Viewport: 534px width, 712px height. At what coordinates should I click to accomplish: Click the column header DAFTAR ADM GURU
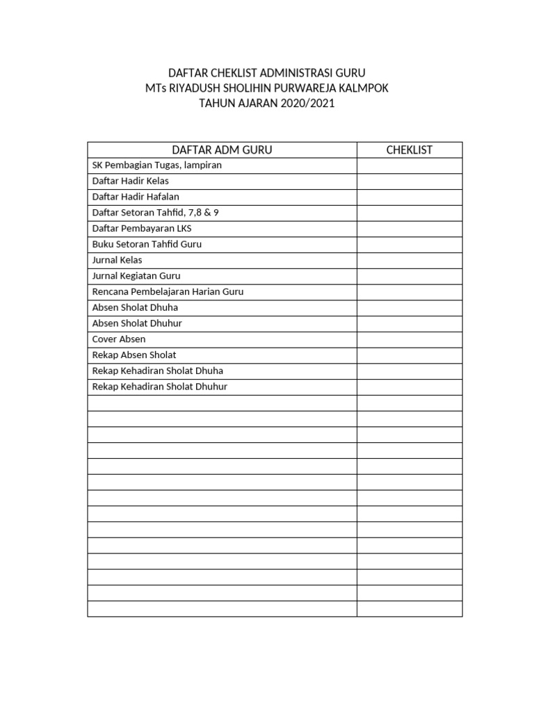222,150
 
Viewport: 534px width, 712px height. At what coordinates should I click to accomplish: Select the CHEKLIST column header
410,150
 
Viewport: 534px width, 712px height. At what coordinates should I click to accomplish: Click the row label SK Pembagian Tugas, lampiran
157,165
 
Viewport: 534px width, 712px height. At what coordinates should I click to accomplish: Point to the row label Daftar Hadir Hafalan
136,197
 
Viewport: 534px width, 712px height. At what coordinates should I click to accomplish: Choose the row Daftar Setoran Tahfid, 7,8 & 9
156,213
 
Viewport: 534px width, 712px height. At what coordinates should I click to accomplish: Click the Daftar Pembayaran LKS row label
142,229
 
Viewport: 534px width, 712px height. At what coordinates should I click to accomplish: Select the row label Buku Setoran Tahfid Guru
147,244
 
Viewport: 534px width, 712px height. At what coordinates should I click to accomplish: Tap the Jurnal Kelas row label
117,260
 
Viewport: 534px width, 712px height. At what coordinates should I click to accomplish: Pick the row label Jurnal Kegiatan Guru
136,276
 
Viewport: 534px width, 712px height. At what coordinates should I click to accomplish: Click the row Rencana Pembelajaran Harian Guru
168,292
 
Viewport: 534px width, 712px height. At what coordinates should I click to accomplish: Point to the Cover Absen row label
119,339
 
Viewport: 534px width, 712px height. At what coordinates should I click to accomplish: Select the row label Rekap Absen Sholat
134,355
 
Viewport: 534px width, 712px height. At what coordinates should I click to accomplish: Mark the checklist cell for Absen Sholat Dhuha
410,307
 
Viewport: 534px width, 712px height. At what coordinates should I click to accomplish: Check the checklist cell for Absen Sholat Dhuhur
410,323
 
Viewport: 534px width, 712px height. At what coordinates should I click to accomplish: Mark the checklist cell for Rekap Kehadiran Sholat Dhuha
410,371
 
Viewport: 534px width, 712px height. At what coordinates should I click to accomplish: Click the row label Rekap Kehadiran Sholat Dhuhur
160,387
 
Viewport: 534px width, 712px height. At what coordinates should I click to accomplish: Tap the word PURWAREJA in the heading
314,88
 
